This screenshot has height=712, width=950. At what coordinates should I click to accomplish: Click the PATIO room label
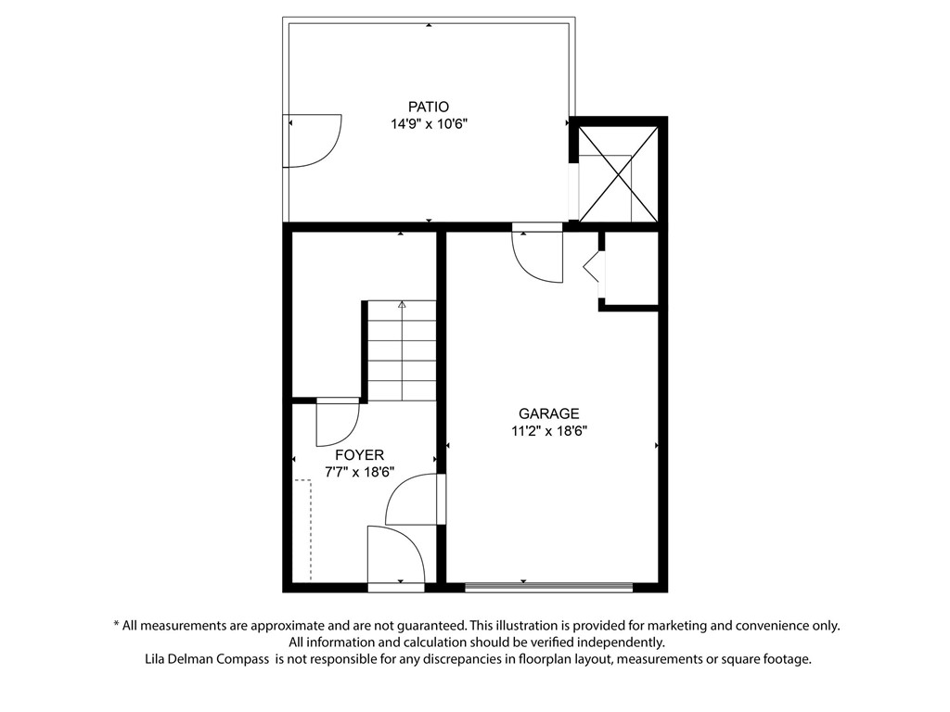click(x=428, y=107)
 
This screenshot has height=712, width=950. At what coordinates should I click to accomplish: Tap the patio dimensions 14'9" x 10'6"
click(x=428, y=123)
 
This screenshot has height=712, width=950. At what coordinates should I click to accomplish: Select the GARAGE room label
click(x=548, y=413)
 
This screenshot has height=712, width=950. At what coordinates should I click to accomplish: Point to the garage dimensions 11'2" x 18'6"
click(x=548, y=430)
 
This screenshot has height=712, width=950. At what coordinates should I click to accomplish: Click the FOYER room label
click(x=359, y=455)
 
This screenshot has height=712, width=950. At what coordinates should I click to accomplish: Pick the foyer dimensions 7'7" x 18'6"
click(x=359, y=472)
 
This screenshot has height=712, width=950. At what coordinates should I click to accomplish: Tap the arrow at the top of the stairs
click(x=402, y=303)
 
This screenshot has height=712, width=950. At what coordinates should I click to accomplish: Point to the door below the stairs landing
click(x=337, y=422)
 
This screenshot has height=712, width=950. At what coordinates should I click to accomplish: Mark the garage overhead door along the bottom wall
click(x=548, y=586)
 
